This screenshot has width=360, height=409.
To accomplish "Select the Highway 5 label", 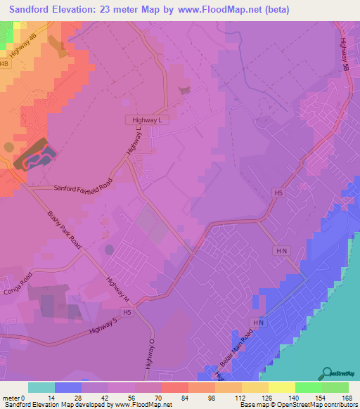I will [x=103, y=329].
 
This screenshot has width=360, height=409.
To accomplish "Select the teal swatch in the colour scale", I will [x=41, y=387].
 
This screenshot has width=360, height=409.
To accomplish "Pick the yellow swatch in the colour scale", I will [x=282, y=387].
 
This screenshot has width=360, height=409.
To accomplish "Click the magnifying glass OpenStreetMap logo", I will [x=326, y=373].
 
